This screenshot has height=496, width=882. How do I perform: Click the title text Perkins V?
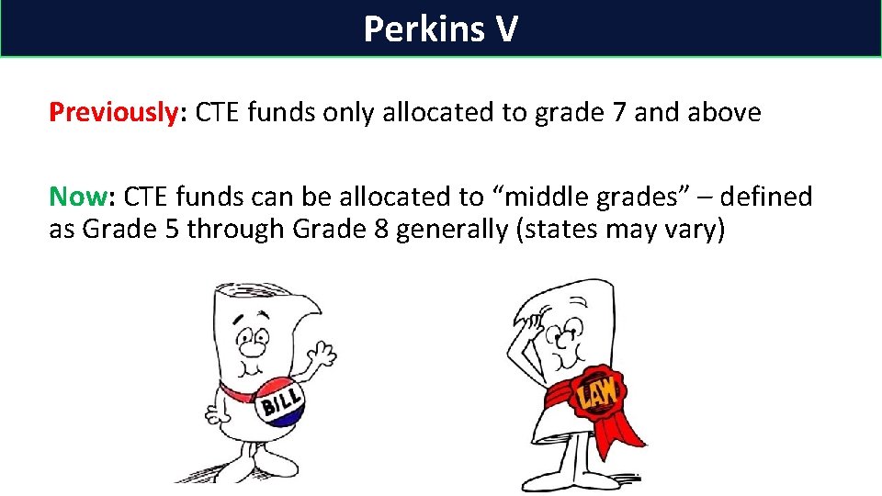[440, 28]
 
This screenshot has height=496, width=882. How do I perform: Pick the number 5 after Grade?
[170, 229]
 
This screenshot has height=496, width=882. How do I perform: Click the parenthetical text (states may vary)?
[621, 229]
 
